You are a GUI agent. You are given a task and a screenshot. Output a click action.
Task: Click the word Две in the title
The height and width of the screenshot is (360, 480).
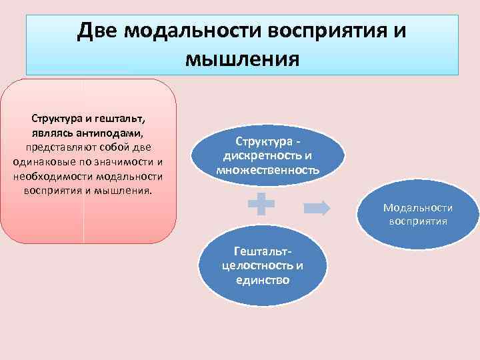(99, 31)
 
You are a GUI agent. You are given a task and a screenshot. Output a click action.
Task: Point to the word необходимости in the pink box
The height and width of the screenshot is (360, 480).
(53, 176)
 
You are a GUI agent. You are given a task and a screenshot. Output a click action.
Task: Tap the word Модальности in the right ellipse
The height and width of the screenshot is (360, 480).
(418, 208)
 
